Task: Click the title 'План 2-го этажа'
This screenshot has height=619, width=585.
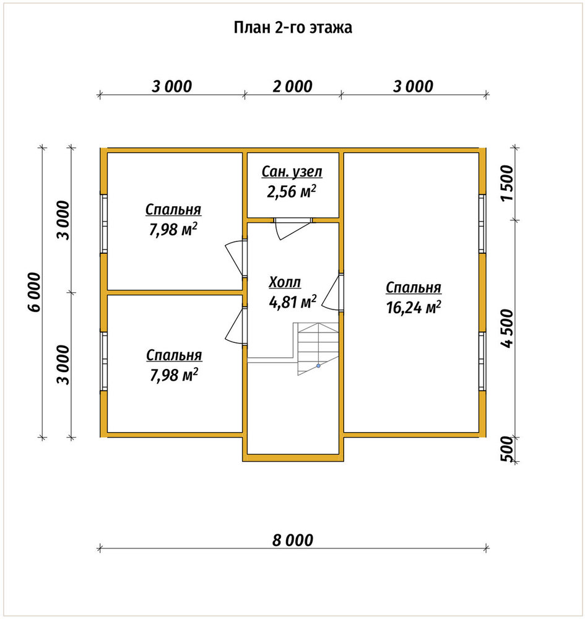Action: (x=292, y=28)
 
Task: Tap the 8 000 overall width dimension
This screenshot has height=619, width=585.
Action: (x=292, y=540)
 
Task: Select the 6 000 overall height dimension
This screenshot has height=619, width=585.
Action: (x=35, y=292)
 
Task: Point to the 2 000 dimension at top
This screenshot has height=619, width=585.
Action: (x=292, y=86)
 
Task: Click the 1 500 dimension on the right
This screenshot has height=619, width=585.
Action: (x=507, y=183)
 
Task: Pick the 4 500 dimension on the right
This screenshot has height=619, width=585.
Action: (x=507, y=328)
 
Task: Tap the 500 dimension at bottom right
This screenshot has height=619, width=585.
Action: (x=507, y=449)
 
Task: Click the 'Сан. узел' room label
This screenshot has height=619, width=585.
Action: (x=292, y=171)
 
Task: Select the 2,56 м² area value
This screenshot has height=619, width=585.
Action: (x=292, y=191)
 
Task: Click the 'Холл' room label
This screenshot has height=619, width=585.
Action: (x=285, y=282)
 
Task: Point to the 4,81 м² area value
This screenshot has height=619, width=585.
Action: (x=292, y=302)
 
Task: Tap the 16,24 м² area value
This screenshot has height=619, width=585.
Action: (x=414, y=307)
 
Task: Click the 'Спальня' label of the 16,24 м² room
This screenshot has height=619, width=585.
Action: (x=414, y=287)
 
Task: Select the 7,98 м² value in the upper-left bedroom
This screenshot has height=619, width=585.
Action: (x=173, y=230)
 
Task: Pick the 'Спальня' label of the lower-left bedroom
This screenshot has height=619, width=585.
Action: (x=174, y=355)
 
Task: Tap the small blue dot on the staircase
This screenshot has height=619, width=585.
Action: (x=318, y=366)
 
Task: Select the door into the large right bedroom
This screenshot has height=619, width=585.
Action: (x=332, y=292)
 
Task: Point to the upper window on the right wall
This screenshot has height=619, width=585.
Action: (x=482, y=223)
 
